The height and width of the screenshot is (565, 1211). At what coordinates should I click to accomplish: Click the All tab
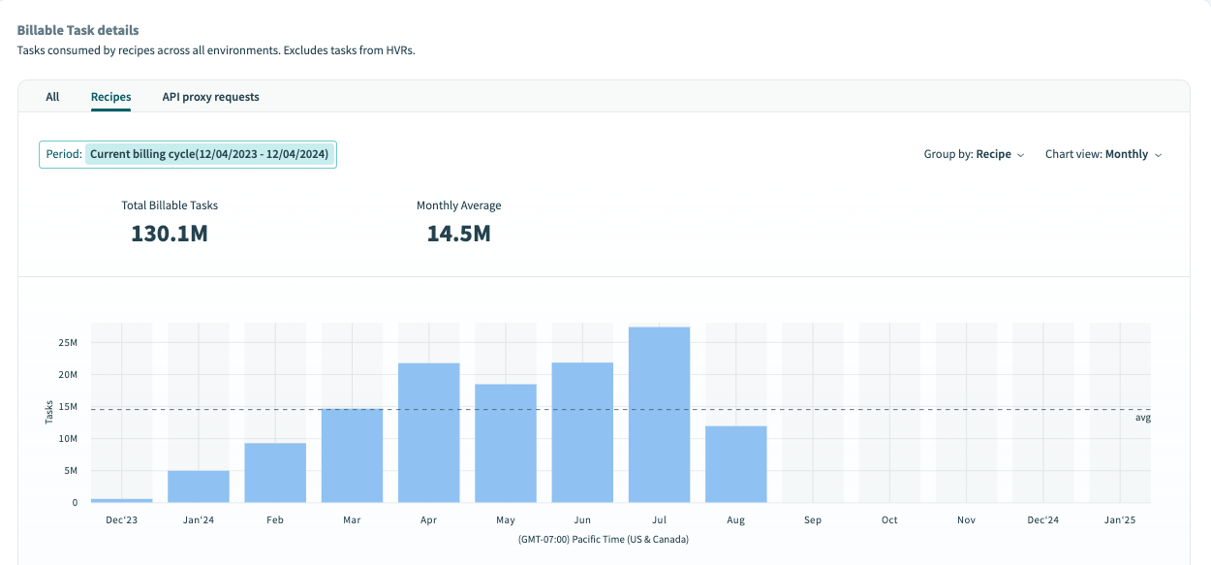(52, 97)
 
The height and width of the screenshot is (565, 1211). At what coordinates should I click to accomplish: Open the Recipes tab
(110, 97)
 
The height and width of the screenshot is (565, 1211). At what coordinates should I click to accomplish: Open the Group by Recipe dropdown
(974, 154)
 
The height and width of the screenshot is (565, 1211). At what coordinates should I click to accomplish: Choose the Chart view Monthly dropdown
(1102, 154)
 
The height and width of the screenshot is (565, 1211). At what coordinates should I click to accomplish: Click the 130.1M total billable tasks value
(170, 234)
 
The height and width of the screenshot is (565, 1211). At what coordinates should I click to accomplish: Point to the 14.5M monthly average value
(458, 234)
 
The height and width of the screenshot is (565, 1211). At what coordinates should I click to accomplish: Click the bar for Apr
(428, 432)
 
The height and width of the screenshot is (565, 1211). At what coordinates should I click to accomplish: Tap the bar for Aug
(735, 464)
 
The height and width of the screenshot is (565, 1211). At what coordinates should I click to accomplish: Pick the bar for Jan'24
(199, 487)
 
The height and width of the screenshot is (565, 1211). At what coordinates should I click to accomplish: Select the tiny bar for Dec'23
(121, 500)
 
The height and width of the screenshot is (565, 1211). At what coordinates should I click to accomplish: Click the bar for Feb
(275, 473)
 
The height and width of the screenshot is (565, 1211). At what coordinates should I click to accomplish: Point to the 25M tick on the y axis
(68, 343)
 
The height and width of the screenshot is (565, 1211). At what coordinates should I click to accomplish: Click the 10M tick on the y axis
(68, 439)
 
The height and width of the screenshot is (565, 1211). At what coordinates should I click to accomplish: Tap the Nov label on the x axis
(966, 520)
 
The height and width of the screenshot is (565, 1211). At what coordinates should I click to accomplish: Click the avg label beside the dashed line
(1142, 418)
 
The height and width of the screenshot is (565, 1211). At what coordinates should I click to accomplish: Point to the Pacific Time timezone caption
(603, 539)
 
